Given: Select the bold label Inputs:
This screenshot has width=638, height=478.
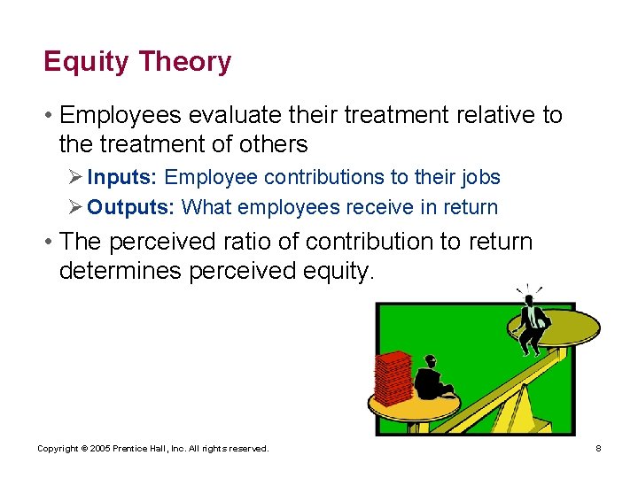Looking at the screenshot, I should point(122,177).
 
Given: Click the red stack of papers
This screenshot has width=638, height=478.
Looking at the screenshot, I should point(393,378).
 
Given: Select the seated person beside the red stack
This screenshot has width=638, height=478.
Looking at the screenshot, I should point(432,381).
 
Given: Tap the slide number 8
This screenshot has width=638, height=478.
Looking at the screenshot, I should point(598,449).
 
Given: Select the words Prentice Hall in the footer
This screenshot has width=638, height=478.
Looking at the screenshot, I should point(142,449).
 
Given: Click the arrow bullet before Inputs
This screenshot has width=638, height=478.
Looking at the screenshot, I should point(75,177).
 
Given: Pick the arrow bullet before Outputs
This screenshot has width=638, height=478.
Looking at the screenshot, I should point(75,207).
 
